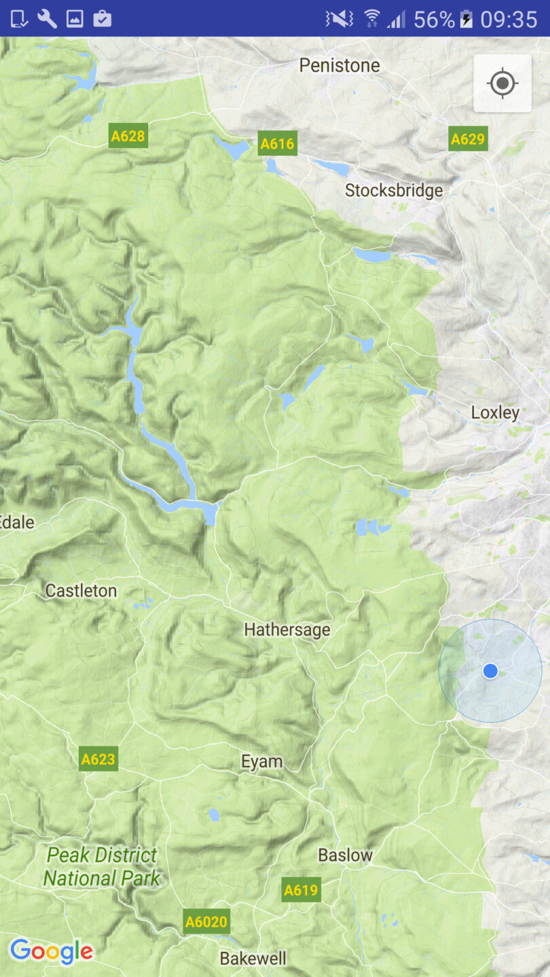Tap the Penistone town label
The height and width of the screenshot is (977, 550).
(340, 66)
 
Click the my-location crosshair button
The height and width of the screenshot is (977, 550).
(502, 83)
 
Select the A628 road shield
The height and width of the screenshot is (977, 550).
(128, 136)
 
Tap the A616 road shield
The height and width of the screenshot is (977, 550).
(278, 144)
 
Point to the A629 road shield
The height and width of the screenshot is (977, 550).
(468, 139)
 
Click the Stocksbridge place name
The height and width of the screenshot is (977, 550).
(394, 191)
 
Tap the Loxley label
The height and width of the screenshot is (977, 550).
(495, 413)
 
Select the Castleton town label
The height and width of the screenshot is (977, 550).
(81, 591)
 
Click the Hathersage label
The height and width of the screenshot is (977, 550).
(287, 630)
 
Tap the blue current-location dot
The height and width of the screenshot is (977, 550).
(490, 671)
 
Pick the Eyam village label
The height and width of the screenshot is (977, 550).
(262, 761)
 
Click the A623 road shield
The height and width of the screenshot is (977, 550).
(98, 759)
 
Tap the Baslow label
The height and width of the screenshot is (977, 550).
(345, 856)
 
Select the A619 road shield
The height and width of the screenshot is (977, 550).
(301, 890)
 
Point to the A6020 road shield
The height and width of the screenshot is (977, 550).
(207, 922)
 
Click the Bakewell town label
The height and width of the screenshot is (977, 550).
(253, 959)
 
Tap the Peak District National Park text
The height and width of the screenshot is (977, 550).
(102, 866)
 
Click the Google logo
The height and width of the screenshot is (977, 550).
(52, 951)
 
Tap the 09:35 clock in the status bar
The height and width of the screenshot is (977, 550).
(509, 19)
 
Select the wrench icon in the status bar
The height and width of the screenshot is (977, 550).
(47, 18)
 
